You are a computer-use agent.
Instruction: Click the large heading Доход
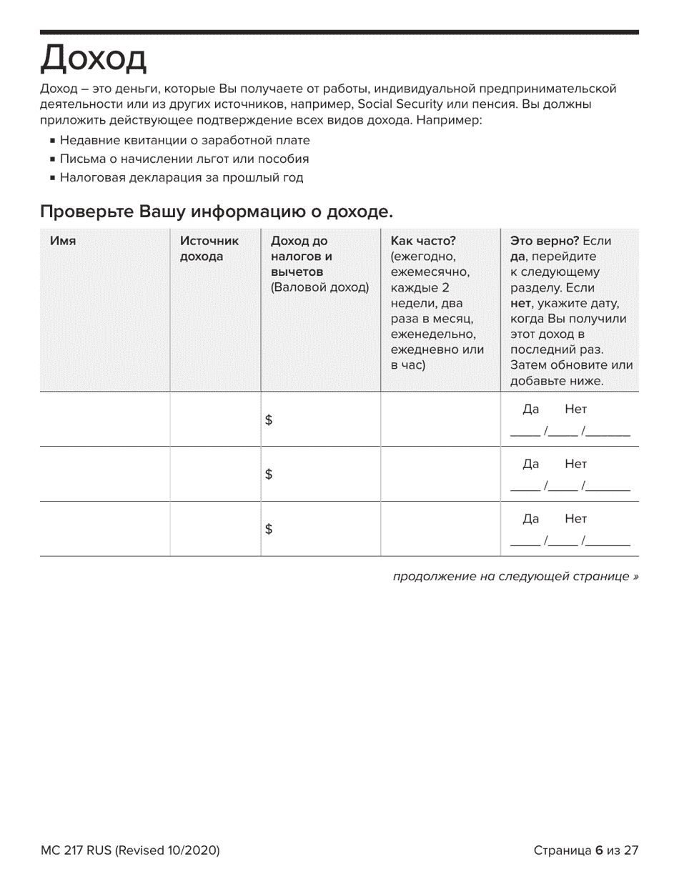pos(94,59)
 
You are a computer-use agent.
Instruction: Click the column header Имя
pos(63,241)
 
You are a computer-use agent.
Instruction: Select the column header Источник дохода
pos(209,249)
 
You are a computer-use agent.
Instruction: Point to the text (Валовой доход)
pos(319,288)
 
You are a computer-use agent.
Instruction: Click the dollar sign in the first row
pos(269,420)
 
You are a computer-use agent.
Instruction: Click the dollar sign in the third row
pos(269,529)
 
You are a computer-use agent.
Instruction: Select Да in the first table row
pos(530,409)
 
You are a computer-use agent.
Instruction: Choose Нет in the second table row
pos(575,464)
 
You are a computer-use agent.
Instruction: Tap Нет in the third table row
pos(575,519)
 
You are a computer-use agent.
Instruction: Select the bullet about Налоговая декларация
pos(181,177)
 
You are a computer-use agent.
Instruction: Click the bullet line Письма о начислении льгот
pos(184,159)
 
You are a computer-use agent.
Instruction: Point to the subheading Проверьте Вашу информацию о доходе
pos(217,212)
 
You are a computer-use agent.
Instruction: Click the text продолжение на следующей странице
pos(515,576)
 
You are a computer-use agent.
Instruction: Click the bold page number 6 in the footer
pos(598,850)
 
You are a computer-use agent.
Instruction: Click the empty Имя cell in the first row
pos(104,419)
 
